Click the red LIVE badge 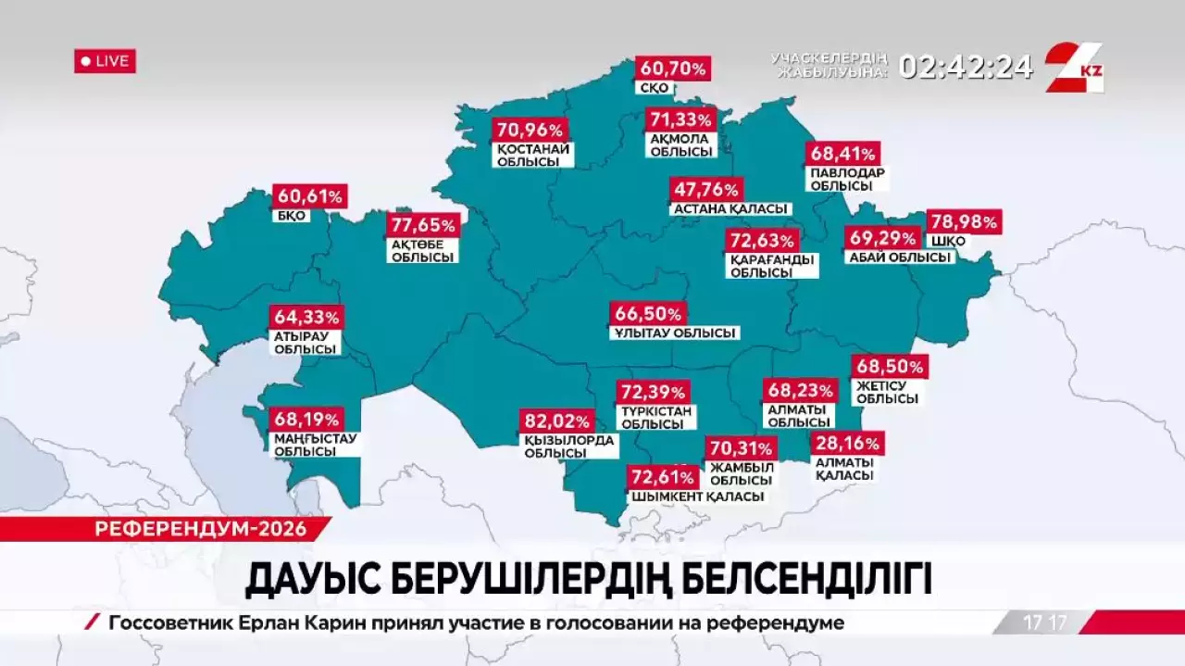pyautogui.click(x=105, y=61)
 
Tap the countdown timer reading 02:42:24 pyautogui.click(x=966, y=67)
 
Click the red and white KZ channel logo pyautogui.click(x=1074, y=67)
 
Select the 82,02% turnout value pyautogui.click(x=554, y=420)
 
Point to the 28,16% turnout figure pyautogui.click(x=847, y=443)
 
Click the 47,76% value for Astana pyautogui.click(x=707, y=190)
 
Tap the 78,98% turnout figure pyautogui.click(x=964, y=222)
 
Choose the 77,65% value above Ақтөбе pyautogui.click(x=423, y=225)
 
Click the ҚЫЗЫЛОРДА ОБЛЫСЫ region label pyautogui.click(x=568, y=446)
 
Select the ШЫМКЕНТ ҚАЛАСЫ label pyautogui.click(x=698, y=496)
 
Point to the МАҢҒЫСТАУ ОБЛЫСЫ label pyautogui.click(x=315, y=445)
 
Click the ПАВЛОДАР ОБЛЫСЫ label pyautogui.click(x=847, y=179)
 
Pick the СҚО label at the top pyautogui.click(x=654, y=89)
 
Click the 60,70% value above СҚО pyautogui.click(x=672, y=68)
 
